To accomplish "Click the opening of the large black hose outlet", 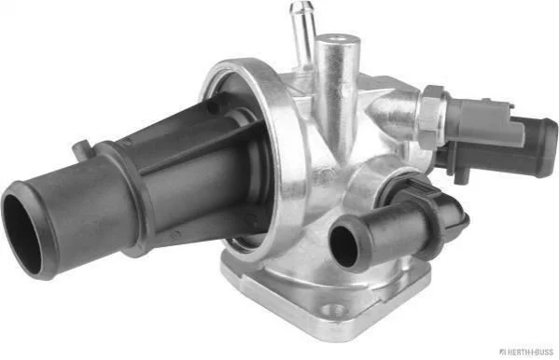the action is click(22, 233).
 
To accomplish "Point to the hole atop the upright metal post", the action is click(337, 38).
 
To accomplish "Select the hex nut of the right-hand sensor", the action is click(432, 117).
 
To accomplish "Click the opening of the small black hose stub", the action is click(343, 246).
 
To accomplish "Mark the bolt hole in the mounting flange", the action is click(332, 309).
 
